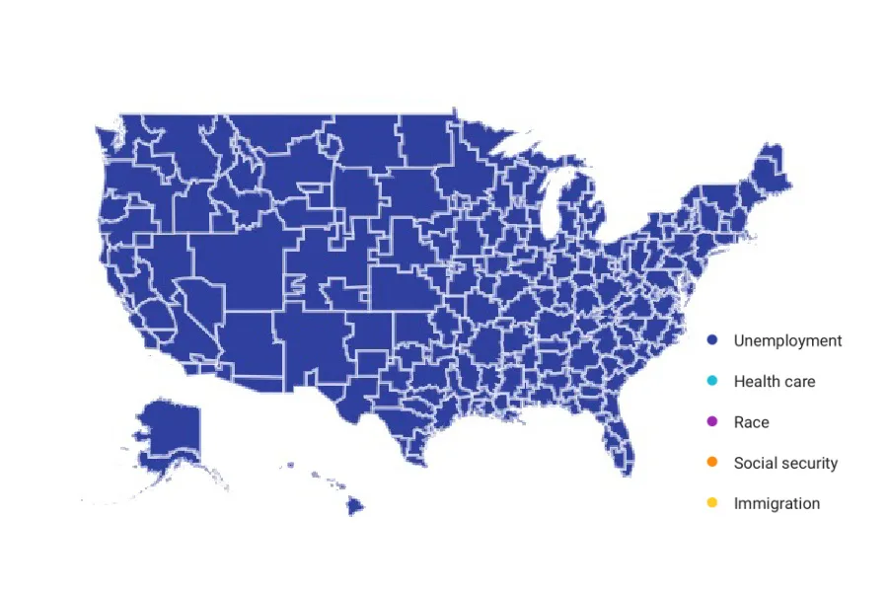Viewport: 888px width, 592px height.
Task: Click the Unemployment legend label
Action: [x=787, y=340]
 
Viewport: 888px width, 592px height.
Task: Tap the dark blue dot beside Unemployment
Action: [x=711, y=340]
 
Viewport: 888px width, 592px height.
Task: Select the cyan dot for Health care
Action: [x=711, y=381]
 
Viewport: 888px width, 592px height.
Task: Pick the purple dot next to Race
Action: [x=711, y=422]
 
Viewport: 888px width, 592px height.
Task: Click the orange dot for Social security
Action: [x=711, y=463]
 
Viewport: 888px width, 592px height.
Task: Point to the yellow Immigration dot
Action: [x=711, y=503]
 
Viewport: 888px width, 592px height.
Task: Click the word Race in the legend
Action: [x=751, y=422]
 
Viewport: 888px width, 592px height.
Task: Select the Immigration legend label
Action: [x=777, y=503]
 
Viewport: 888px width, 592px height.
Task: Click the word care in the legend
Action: [x=799, y=381]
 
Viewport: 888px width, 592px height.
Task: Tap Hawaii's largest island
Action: [x=354, y=506]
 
